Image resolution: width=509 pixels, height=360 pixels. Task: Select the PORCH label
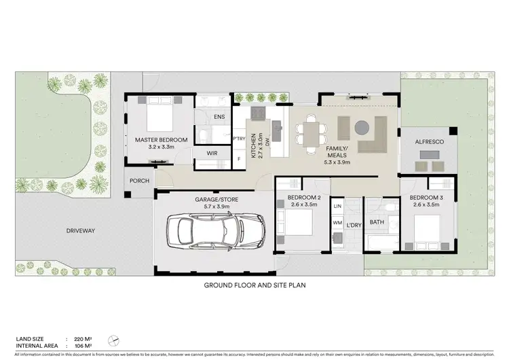[139, 181]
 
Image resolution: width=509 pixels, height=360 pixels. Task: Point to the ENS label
[219, 117]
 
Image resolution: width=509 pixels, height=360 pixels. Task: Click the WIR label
[212, 154]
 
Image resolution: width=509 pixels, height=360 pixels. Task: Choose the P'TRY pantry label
[239, 139]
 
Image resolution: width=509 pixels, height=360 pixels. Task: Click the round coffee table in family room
[361, 126]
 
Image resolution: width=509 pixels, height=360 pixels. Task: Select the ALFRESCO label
[429, 141]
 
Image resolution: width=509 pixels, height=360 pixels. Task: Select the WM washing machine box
[337, 222]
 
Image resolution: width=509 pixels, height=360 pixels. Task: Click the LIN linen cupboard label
[337, 204]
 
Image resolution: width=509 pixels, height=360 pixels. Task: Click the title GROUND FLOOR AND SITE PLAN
[254, 286]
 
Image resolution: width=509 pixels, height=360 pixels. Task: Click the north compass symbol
[117, 341]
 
